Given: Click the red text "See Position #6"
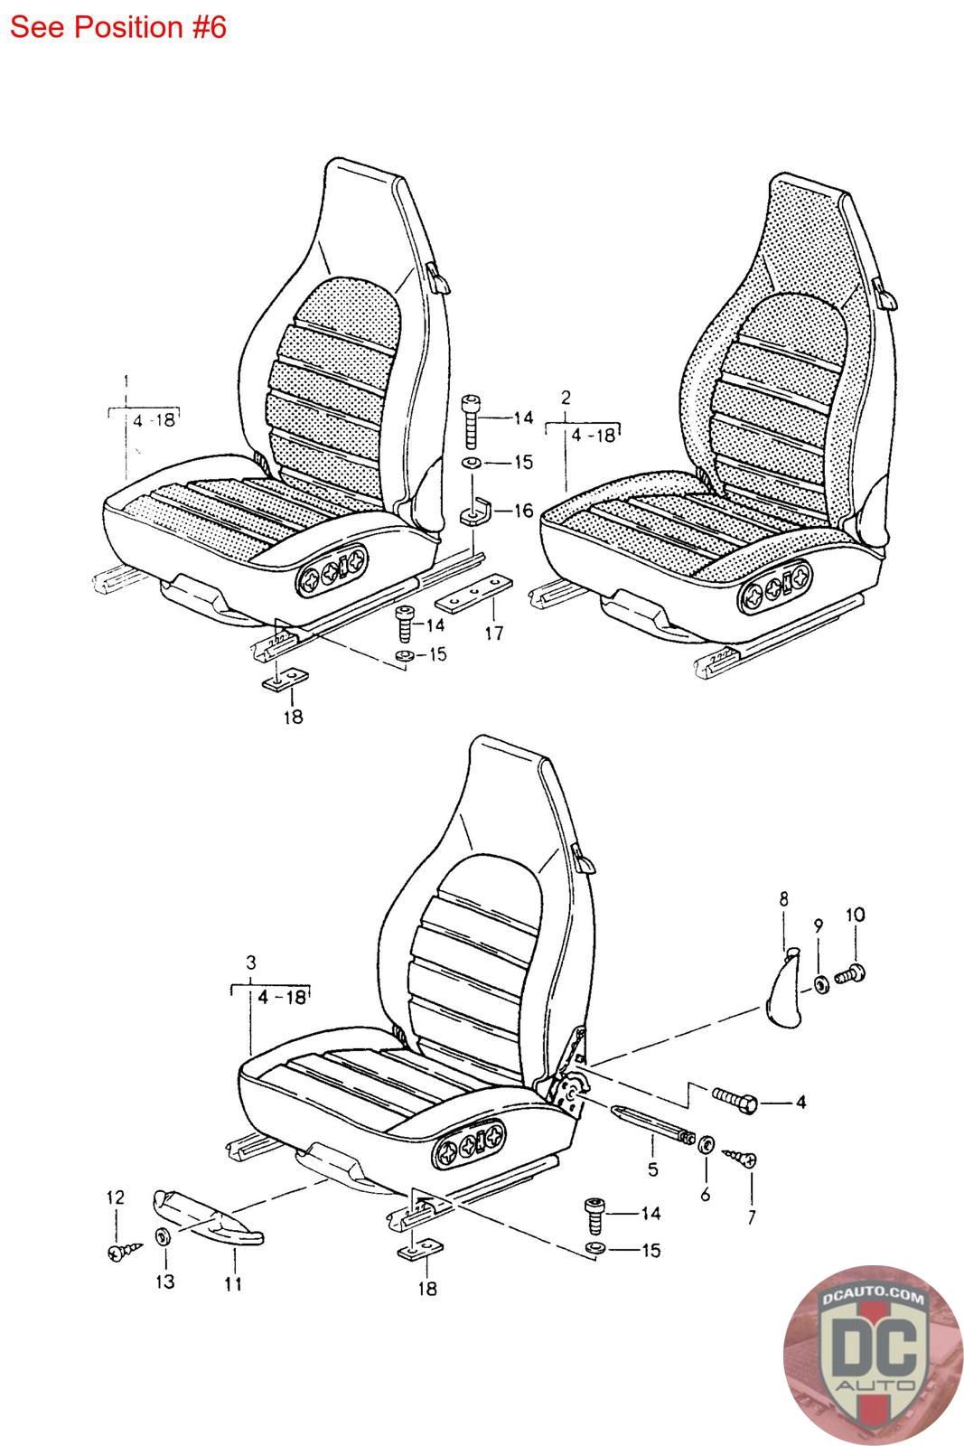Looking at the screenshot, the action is (x=117, y=27).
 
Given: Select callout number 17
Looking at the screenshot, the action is (x=493, y=634).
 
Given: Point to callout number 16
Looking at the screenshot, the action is (x=523, y=511).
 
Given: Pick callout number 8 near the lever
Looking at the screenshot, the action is (x=783, y=899).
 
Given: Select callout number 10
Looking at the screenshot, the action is (x=854, y=915).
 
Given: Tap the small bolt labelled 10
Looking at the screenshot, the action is (x=850, y=975).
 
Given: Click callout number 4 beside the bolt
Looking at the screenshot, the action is (x=800, y=1103).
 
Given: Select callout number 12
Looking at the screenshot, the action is (x=116, y=1198).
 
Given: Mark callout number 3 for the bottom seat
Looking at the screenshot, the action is (x=251, y=961).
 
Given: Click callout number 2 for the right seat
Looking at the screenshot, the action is (x=566, y=398).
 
